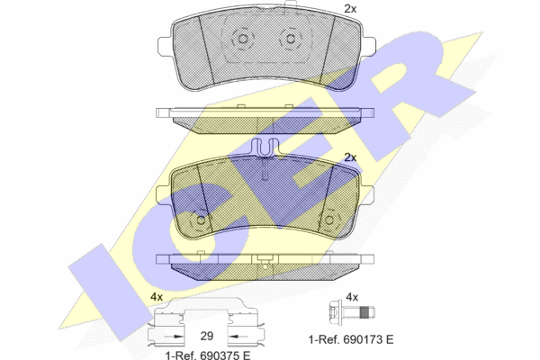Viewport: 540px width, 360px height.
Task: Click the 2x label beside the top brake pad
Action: tap(350, 9)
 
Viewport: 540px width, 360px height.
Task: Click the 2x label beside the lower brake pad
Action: tap(350, 157)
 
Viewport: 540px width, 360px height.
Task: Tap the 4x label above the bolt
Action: tap(352, 297)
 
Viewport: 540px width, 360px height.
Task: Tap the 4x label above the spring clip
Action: tap(157, 297)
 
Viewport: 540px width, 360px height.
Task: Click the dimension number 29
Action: tap(207, 336)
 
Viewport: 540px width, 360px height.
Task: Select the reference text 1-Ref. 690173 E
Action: tap(351, 339)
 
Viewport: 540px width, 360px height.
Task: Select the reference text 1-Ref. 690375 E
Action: tap(208, 355)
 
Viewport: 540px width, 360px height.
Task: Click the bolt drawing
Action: tap(352, 313)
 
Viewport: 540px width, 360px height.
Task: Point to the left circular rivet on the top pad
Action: tap(243, 39)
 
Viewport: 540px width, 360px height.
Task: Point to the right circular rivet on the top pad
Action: tap(291, 39)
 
